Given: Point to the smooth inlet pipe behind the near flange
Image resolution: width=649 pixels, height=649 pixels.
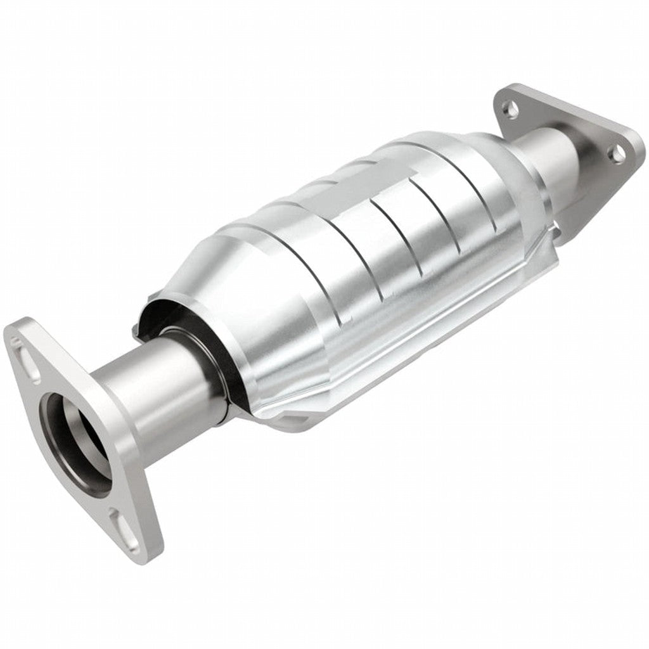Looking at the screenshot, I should click(x=158, y=387).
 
